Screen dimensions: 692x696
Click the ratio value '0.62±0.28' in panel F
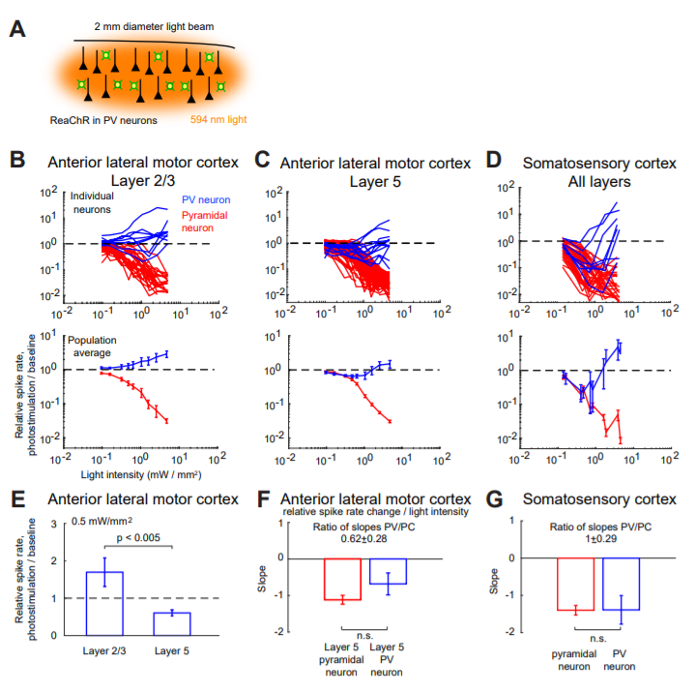click(x=364, y=540)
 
